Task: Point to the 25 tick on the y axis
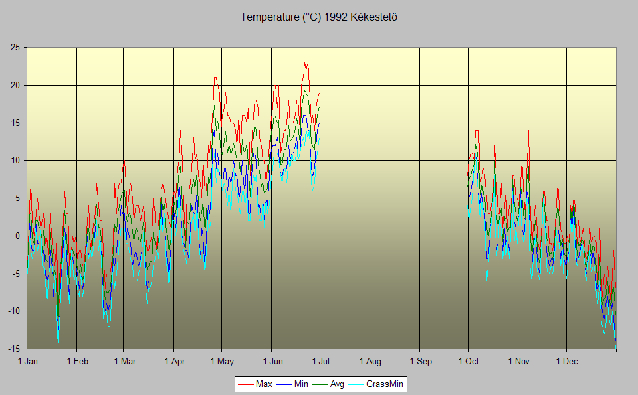coord(15,48)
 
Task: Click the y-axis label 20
coord(15,86)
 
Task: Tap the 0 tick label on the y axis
coord(17,236)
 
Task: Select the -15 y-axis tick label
coord(13,349)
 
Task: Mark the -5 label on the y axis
coord(15,274)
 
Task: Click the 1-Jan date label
coord(27,362)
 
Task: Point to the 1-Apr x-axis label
coord(174,362)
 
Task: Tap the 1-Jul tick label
coord(321,362)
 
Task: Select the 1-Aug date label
coord(370,362)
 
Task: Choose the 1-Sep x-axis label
coord(420,362)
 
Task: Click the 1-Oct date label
coord(469,362)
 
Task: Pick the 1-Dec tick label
coord(567,362)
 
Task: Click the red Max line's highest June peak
coord(306,63)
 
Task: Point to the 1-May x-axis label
coord(222,362)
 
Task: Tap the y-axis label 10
coord(15,161)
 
